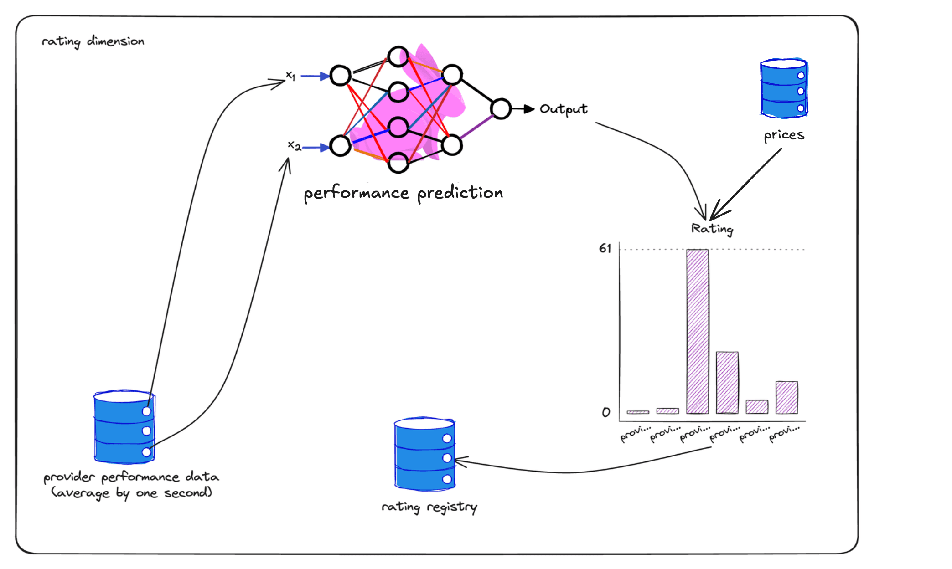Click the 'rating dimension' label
[x=93, y=41]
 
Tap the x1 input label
[x=290, y=76]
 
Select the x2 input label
[x=294, y=146]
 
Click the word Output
[x=564, y=109]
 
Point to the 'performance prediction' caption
[x=403, y=193]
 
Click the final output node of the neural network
[x=501, y=109]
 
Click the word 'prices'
[x=784, y=135]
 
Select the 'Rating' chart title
[x=712, y=229]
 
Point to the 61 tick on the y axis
[x=605, y=249]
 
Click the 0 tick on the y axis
[x=605, y=412]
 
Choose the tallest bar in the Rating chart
[x=698, y=331]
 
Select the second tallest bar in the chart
[x=727, y=382]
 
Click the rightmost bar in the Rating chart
[x=786, y=397]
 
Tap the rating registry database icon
[x=424, y=454]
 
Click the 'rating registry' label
[x=429, y=507]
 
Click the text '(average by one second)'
[x=131, y=493]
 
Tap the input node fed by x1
[x=341, y=76]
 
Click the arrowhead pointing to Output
[x=529, y=109]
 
